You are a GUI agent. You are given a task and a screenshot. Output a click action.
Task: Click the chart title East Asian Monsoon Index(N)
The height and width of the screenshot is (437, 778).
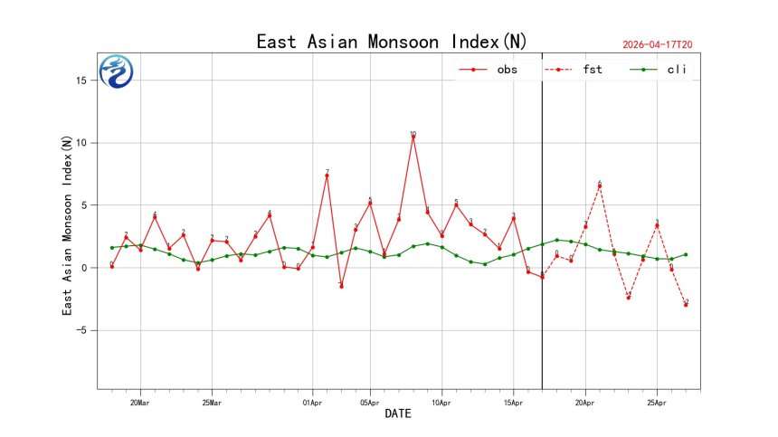[391, 42]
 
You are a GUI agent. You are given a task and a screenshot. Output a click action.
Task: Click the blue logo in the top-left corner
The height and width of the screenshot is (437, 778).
[116, 71]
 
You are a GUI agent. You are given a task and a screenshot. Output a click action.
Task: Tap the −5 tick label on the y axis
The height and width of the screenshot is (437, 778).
[81, 330]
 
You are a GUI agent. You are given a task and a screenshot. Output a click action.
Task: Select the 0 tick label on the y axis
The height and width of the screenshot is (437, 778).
[83, 268]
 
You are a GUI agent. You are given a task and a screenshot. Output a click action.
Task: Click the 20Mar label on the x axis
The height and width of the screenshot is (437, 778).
[139, 402]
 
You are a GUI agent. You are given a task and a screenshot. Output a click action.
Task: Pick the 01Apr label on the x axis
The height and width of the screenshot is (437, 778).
[312, 402]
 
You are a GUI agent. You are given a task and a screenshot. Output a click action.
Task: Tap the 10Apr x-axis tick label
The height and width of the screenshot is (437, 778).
[441, 402]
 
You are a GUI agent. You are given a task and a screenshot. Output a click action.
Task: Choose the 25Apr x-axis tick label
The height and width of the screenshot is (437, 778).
[657, 402]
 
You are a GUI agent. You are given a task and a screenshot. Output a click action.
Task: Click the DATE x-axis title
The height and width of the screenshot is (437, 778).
[398, 414]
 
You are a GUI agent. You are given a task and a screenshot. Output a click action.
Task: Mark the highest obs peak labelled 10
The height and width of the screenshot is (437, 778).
[413, 137]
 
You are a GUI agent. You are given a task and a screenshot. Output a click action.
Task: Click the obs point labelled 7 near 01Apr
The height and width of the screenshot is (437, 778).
[327, 176]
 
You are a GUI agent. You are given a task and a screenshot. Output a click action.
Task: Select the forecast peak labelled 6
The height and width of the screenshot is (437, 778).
[599, 186]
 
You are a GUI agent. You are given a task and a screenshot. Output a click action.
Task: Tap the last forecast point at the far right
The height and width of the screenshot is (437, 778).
[686, 305]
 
